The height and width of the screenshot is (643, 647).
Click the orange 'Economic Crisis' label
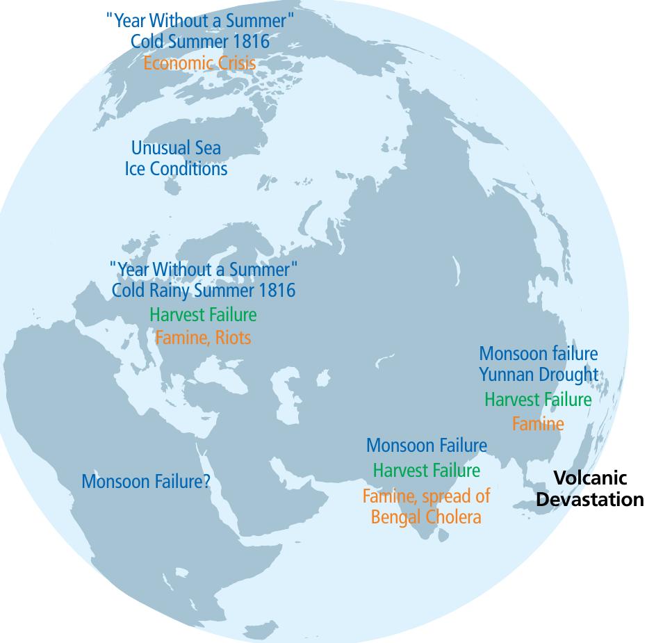[x=199, y=63]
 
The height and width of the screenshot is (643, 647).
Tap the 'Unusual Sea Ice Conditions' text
[x=176, y=158]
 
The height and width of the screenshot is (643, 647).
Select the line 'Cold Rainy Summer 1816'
[x=204, y=290]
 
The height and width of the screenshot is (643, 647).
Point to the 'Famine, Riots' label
[x=203, y=338]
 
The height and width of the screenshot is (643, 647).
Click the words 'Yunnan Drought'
[x=538, y=375]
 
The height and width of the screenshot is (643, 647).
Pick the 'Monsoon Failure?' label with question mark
[x=146, y=481]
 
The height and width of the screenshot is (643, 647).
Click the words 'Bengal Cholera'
[x=425, y=517]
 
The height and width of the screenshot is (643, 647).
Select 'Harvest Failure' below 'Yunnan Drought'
[x=538, y=400]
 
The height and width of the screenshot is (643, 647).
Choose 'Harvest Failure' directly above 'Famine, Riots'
[x=203, y=315]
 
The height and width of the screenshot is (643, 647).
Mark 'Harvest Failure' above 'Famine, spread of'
[x=426, y=471]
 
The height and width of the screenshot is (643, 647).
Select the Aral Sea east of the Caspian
[x=322, y=380]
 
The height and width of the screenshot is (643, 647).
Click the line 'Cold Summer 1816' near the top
[x=200, y=41]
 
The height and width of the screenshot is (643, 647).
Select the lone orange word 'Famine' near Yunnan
[x=538, y=423]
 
